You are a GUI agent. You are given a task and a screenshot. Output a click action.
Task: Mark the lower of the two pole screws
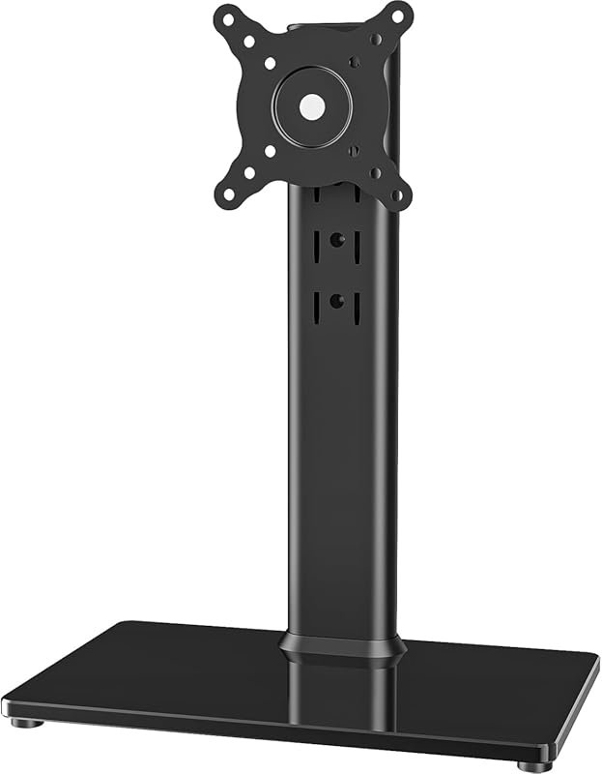pos(336,301)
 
